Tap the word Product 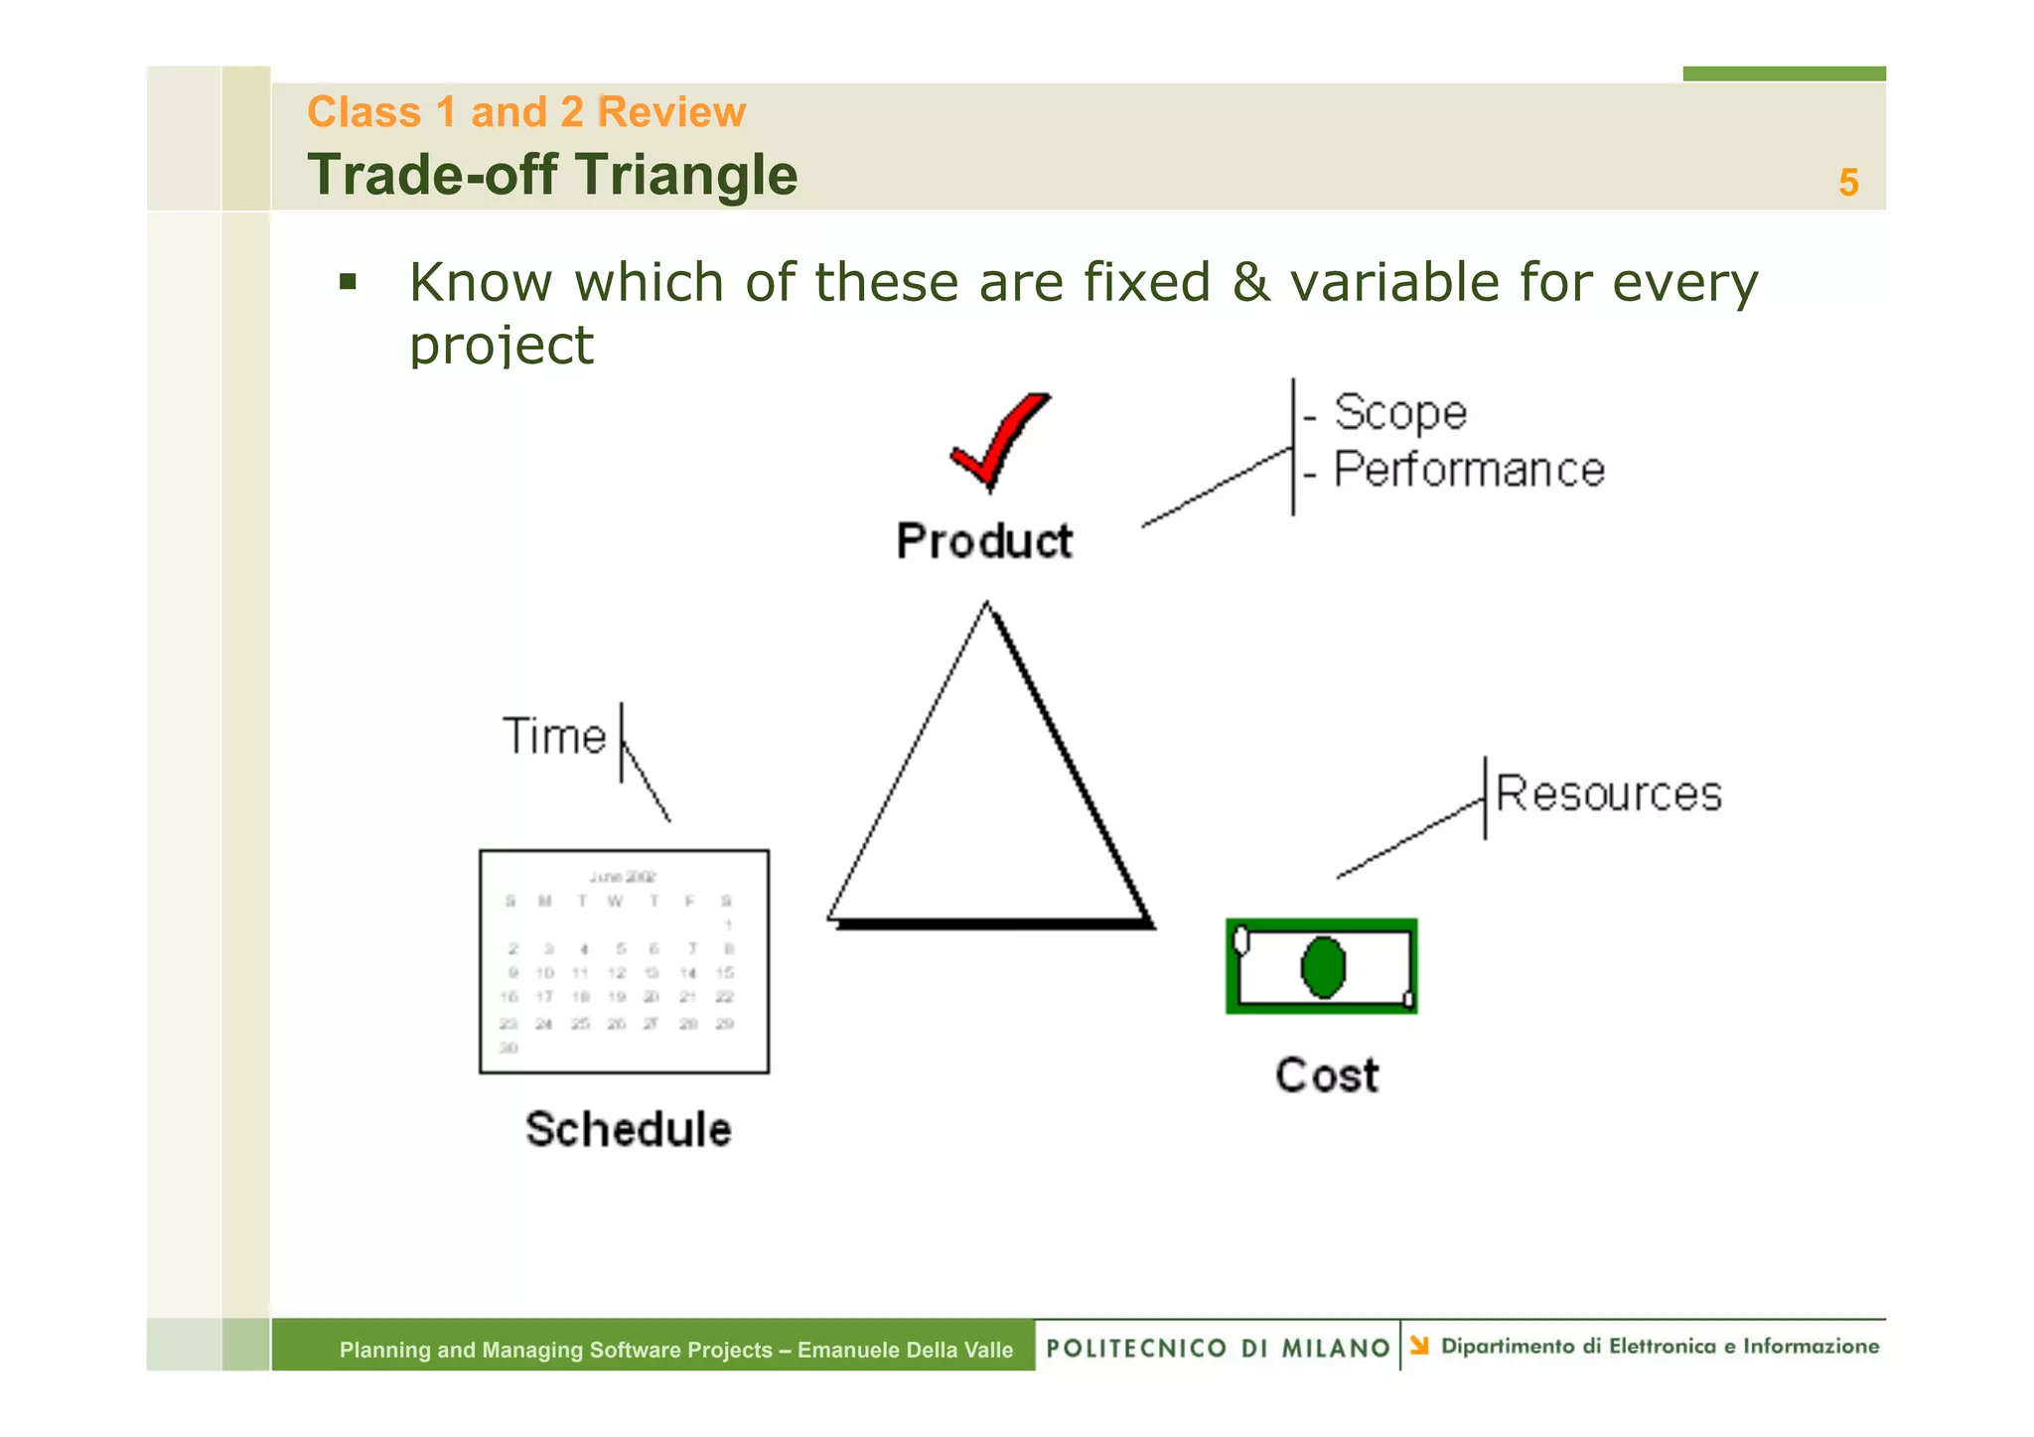[x=984, y=542]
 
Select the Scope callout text [x=1399, y=413]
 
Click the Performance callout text [x=1468, y=470]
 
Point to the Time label [x=554, y=737]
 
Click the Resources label [x=1608, y=794]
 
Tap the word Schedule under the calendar [x=628, y=1130]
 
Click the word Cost [x=1327, y=1076]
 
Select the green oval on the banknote [x=1323, y=967]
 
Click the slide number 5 [x=1847, y=183]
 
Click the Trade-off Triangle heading [x=552, y=175]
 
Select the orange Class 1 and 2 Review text [x=526, y=111]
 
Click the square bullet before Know [x=348, y=282]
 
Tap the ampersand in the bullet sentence [x=1249, y=282]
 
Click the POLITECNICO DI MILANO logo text [x=1218, y=1348]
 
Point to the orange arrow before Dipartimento [x=1419, y=1346]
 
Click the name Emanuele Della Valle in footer [x=905, y=1350]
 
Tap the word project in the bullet [x=502, y=346]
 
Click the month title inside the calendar [x=623, y=877]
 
